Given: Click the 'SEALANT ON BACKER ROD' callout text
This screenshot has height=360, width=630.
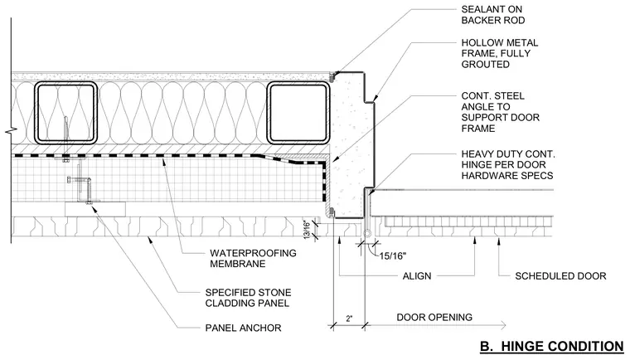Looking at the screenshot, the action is (x=493, y=14).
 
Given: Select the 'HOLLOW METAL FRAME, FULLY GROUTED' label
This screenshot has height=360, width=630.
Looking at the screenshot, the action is (x=499, y=53).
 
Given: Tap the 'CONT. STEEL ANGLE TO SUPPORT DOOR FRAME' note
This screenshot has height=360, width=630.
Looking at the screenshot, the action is (x=500, y=112).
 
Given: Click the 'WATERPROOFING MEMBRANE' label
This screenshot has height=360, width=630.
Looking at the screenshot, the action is (x=253, y=258).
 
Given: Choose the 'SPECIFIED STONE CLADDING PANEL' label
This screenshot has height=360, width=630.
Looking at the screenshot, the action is (x=248, y=298).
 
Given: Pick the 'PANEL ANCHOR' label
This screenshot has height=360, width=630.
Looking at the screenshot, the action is (x=243, y=328).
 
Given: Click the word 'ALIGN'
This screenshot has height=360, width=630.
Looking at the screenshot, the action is (x=417, y=276).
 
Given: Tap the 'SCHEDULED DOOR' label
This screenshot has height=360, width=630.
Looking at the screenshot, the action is (x=560, y=276).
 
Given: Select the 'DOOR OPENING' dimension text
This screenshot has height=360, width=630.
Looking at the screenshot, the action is (x=434, y=318).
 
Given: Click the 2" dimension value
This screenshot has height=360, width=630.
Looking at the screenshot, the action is (x=349, y=319).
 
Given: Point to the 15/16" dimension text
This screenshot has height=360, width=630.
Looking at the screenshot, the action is (x=393, y=255).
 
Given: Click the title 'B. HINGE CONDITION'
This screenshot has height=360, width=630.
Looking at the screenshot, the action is (x=551, y=347).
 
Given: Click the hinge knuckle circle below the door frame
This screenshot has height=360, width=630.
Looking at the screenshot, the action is (x=367, y=234).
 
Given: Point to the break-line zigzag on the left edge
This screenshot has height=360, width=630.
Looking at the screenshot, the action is (x=11, y=131).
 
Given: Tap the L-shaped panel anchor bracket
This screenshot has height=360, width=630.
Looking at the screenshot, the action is (x=85, y=185).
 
